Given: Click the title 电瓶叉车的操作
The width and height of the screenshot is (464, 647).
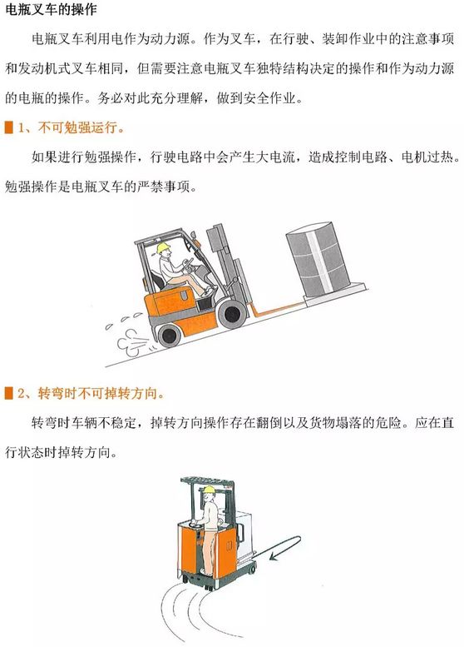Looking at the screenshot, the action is (x=51, y=9).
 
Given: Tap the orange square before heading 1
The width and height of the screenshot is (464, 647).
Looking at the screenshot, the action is (x=8, y=127).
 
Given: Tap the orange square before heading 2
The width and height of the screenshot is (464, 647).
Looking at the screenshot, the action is (x=8, y=393).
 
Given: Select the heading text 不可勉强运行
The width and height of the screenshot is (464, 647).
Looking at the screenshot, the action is (x=77, y=127).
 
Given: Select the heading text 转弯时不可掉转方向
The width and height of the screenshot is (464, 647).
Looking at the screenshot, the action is (x=97, y=393).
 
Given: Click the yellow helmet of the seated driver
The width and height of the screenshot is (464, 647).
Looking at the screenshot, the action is (x=164, y=248).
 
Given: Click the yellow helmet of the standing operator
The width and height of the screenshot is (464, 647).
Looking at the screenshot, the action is (x=209, y=490).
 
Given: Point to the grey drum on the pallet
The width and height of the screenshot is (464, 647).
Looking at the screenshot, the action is (x=318, y=258).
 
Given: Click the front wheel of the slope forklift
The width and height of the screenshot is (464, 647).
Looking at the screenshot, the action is (x=232, y=314).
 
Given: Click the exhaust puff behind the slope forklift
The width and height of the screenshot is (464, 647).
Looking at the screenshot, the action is (x=132, y=342).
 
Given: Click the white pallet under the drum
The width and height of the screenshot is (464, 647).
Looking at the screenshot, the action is (x=334, y=294).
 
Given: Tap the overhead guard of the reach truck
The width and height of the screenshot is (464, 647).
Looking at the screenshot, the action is (x=207, y=481).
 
